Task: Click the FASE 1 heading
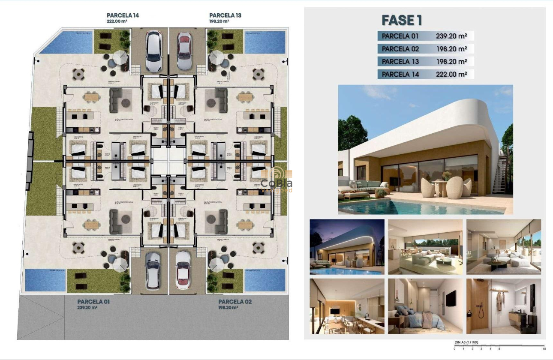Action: pyautogui.click(x=402, y=20)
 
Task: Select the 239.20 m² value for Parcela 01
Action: pyautogui.click(x=451, y=36)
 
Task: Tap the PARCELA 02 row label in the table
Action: pyautogui.click(x=400, y=49)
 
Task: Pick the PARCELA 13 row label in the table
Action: pyautogui.click(x=400, y=62)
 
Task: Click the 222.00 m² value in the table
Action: pyautogui.click(x=451, y=74)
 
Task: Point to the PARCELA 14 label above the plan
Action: pyautogui.click(x=123, y=15)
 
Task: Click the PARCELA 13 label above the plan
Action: pyautogui.click(x=225, y=15)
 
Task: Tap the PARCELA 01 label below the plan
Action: pyautogui.click(x=93, y=302)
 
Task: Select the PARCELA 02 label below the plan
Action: pyautogui.click(x=234, y=302)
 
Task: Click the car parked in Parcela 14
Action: pyautogui.click(x=153, y=51)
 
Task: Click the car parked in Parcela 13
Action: pyautogui.click(x=184, y=51)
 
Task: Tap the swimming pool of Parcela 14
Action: pyautogui.click(x=66, y=42)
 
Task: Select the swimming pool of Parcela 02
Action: pyautogui.click(x=264, y=280)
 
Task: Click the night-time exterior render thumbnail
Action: pyautogui.click(x=347, y=247)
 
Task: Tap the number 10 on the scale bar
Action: pyautogui.click(x=544, y=349)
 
